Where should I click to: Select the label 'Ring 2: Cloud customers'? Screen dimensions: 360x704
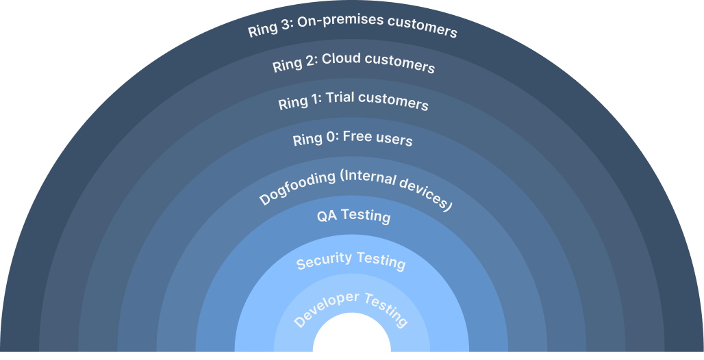point(353,62)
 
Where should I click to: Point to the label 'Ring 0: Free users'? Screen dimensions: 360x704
point(352,138)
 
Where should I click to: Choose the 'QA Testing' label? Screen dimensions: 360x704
point(353,216)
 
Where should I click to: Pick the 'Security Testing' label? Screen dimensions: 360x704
point(351,260)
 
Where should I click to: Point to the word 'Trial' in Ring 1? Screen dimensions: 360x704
point(340,98)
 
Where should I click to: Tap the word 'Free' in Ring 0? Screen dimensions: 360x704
point(357,137)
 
